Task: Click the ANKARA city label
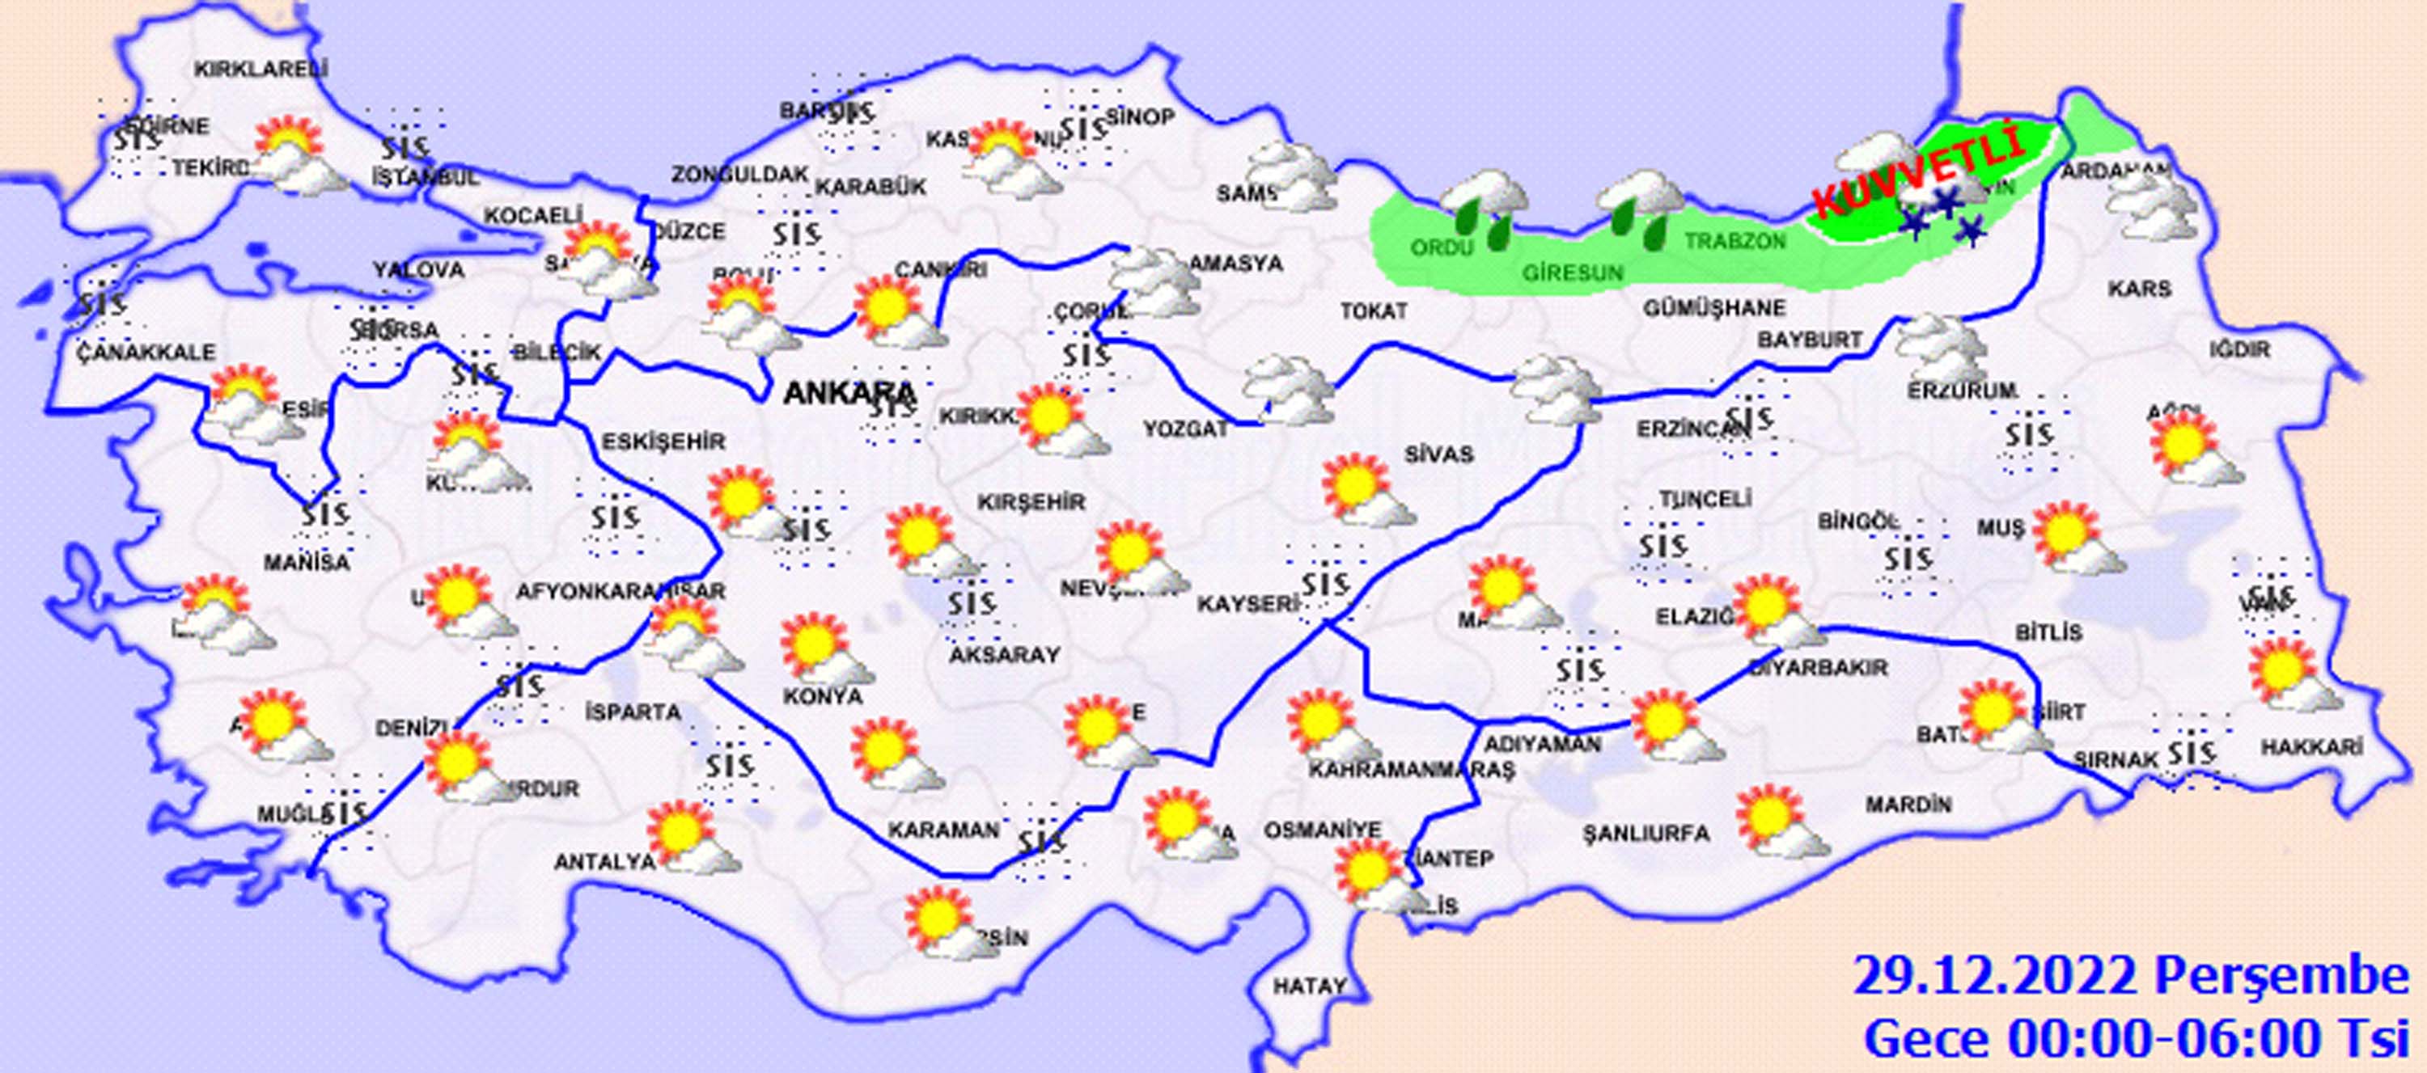pos(849,393)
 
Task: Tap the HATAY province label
pos(1310,986)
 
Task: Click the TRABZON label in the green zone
pos(1734,241)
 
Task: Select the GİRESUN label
pos(1573,273)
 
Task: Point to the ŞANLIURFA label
pos(1645,833)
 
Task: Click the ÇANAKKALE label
pos(146,353)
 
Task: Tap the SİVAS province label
pos(1438,454)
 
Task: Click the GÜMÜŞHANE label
pos(1713,308)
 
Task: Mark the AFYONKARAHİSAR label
pos(620,592)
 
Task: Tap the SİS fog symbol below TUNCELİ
pos(1660,547)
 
